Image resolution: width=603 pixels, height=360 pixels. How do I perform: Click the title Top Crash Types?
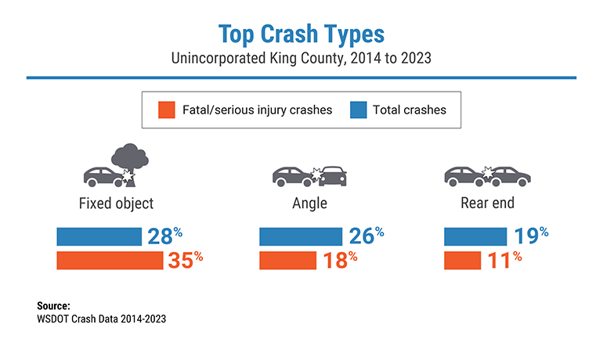(301, 34)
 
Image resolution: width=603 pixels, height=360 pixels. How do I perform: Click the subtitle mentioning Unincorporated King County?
(301, 59)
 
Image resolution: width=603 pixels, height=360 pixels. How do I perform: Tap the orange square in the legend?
(164, 110)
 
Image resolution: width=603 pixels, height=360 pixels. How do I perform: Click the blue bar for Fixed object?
(98, 236)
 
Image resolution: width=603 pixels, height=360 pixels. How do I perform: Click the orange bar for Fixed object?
(110, 260)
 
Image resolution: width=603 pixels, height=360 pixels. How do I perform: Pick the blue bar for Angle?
(300, 236)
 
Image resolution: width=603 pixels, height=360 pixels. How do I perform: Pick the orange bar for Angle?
(287, 260)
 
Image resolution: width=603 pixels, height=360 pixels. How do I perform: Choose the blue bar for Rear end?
(475, 236)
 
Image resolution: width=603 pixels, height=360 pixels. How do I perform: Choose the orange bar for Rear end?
(463, 260)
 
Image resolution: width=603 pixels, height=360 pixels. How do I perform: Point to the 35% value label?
(186, 260)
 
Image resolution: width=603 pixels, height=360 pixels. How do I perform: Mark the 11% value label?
(504, 260)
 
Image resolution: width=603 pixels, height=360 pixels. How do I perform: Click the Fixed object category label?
(116, 203)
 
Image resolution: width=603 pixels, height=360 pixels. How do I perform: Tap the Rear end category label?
(487, 203)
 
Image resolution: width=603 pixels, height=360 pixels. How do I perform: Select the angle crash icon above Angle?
(309, 175)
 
